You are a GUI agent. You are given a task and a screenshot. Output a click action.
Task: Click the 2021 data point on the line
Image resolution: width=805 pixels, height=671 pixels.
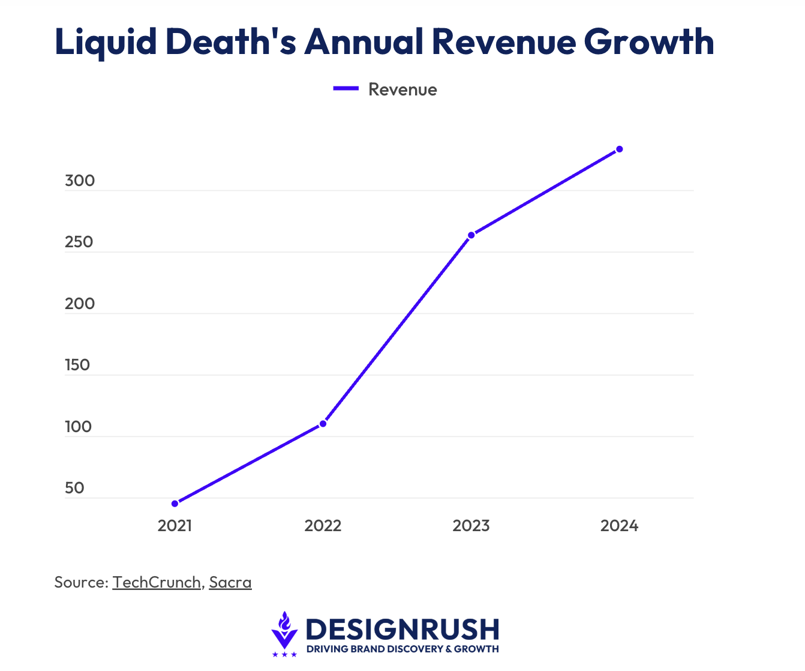[175, 504]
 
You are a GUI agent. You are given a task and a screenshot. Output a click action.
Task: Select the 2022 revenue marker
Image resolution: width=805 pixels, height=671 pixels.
[323, 424]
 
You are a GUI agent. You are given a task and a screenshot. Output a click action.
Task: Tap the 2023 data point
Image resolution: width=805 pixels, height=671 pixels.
[471, 235]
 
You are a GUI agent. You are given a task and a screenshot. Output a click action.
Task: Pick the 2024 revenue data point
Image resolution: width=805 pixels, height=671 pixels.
[620, 149]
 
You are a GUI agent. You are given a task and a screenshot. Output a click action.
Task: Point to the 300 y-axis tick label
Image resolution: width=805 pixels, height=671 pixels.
[80, 181]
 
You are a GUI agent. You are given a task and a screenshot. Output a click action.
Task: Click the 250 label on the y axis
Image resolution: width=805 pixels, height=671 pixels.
[79, 242]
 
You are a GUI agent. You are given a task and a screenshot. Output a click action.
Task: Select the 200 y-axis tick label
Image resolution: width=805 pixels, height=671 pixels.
[80, 304]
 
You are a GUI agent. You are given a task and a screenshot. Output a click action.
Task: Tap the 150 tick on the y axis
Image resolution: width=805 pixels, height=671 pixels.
[77, 365]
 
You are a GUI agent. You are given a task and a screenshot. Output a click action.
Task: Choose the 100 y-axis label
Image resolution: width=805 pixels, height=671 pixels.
[78, 427]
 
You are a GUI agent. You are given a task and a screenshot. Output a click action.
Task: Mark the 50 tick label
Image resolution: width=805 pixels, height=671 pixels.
[74, 488]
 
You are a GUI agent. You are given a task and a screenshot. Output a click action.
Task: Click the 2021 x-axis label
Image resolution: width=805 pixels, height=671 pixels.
[175, 526]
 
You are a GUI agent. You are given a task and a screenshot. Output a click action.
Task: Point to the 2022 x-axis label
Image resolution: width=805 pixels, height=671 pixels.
[323, 526]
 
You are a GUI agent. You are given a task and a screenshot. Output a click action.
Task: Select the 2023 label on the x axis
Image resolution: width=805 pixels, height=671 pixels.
[471, 526]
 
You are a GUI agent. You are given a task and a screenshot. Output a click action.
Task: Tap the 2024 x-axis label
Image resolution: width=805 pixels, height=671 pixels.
[620, 526]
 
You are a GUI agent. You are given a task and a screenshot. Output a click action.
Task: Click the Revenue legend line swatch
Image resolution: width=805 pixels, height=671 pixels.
[346, 89]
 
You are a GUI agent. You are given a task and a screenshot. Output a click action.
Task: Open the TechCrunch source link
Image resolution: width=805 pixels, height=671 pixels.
[157, 582]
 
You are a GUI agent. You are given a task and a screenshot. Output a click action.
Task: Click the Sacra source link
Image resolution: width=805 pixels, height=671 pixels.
[230, 582]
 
